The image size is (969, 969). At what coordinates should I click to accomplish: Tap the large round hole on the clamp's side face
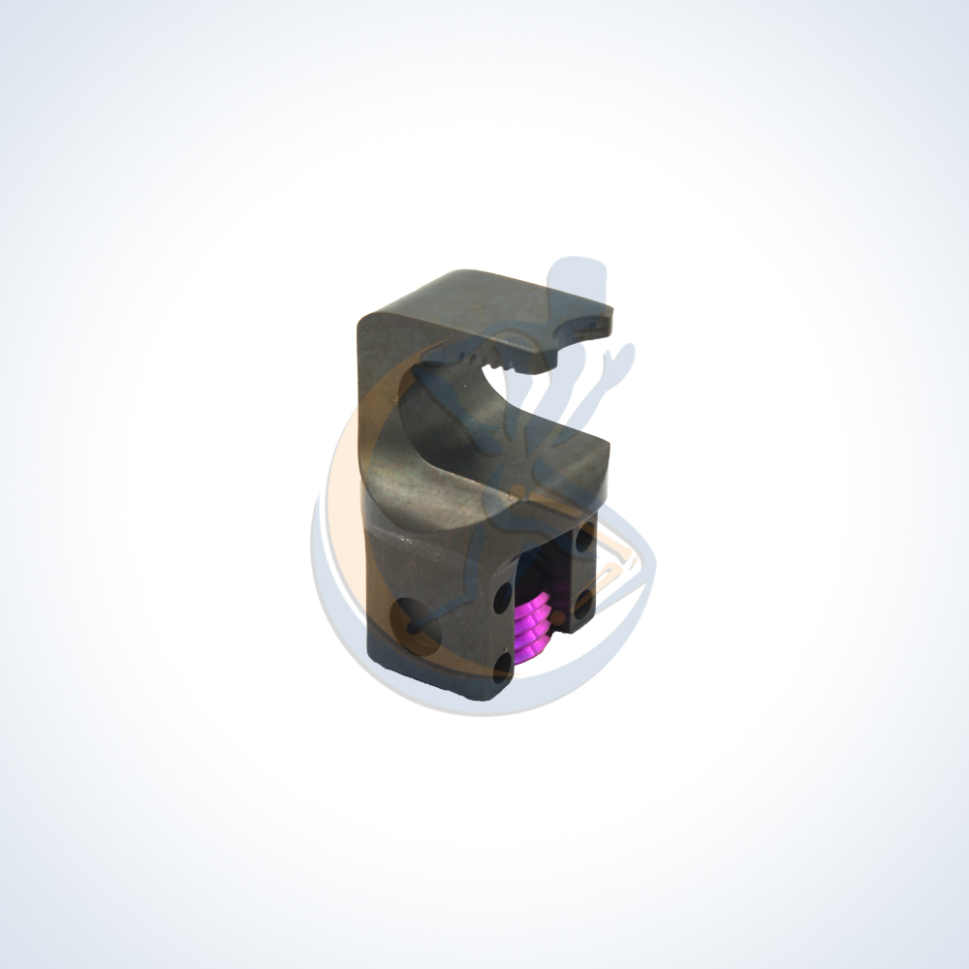pos(414,619)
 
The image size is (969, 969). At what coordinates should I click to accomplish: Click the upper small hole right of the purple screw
pos(584,536)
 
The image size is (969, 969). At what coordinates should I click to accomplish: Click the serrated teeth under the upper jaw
pos(499,365)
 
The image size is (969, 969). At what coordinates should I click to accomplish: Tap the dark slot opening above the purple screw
pos(543,567)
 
